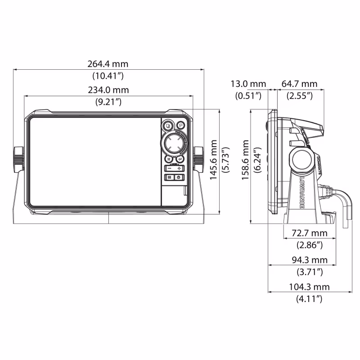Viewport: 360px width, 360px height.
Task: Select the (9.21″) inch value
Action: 108,102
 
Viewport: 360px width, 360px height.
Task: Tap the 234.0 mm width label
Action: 108,90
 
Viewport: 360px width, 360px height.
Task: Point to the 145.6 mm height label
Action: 214,160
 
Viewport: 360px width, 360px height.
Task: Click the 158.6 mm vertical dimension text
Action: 246,160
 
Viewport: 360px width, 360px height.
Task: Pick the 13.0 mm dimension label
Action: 248,84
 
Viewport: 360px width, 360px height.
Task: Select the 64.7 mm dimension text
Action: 299,84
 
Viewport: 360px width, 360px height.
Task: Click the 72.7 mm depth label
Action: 309,233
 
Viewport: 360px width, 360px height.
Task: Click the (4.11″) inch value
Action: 309,298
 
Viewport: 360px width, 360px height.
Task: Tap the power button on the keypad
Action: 179,177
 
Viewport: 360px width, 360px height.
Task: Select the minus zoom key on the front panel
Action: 169,168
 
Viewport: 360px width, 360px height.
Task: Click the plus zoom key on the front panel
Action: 179,168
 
